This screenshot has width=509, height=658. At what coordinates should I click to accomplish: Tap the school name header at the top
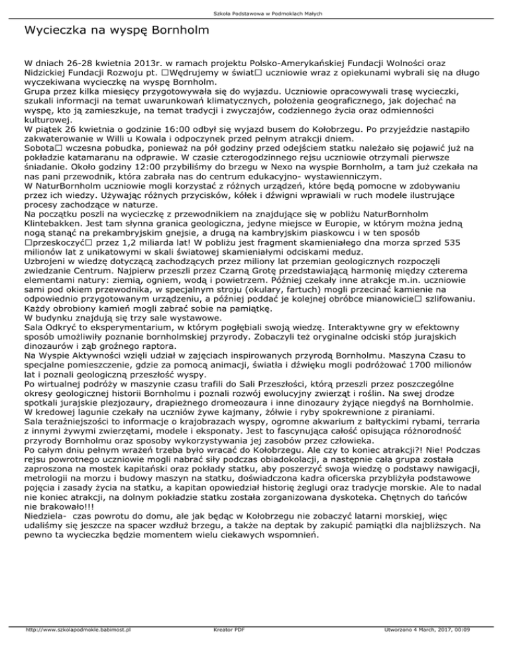pyautogui.click(x=254, y=13)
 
